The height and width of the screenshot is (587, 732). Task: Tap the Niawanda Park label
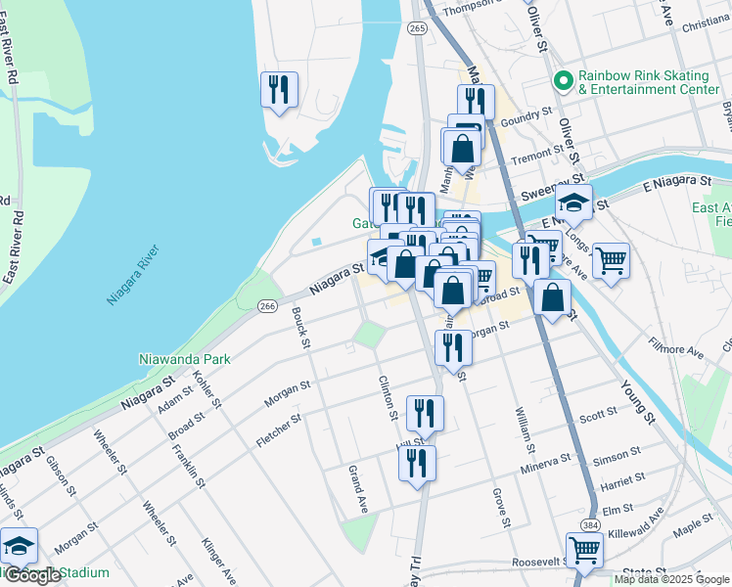click(183, 359)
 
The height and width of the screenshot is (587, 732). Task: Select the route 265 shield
click(418, 29)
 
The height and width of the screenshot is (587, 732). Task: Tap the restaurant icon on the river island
click(278, 89)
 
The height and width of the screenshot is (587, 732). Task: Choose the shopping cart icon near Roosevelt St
click(584, 550)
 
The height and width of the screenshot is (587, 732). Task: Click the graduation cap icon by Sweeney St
click(574, 203)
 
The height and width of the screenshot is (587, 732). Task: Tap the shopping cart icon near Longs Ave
click(611, 260)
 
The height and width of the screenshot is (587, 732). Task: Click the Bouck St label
click(300, 328)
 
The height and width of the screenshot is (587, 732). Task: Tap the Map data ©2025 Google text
click(670, 579)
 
